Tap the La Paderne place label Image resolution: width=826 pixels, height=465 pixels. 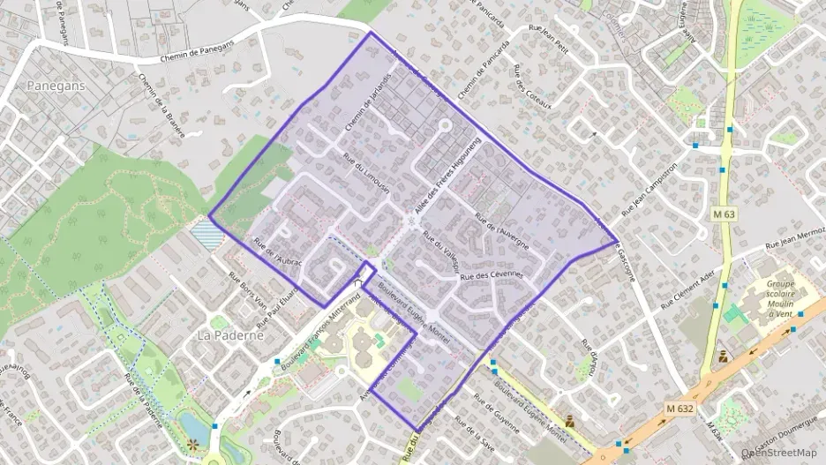coord(230,336)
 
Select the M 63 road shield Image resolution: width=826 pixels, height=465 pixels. coord(724,214)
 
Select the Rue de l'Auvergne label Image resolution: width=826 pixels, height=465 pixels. coord(501,231)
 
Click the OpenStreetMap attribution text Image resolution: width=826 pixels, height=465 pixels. coord(779,453)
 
